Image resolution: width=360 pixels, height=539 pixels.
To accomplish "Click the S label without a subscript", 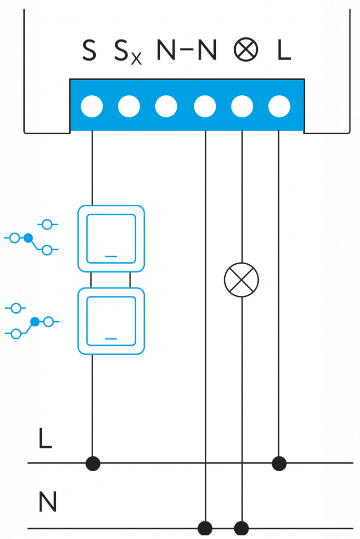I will [89, 51].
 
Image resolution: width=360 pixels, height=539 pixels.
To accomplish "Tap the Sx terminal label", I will [128, 53].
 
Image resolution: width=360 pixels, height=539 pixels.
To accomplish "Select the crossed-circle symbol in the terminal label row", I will [246, 51].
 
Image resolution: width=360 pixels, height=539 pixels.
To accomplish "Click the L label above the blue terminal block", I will [284, 51].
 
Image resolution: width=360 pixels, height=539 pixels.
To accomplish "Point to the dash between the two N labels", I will [187, 51].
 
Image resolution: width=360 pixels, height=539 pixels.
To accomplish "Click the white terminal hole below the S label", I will [92, 107].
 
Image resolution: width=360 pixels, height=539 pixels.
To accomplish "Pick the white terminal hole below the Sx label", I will [129, 107].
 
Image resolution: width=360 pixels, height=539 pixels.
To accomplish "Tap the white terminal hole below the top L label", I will [279, 107].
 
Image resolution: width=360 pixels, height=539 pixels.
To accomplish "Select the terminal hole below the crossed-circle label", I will [242, 107].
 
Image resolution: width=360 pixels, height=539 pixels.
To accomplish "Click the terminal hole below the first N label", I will [166, 107].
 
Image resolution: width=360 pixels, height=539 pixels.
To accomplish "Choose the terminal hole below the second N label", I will [205, 107].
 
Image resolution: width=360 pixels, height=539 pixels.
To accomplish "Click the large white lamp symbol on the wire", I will [242, 280].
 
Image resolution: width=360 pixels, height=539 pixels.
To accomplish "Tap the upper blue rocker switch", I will [111, 238].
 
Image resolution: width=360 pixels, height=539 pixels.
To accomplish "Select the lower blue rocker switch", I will [111, 321].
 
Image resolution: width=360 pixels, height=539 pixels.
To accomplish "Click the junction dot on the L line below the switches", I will [93, 464].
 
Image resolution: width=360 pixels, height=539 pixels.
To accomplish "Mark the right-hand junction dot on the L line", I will [279, 464].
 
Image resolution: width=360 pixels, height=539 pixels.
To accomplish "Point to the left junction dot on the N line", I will [205, 528].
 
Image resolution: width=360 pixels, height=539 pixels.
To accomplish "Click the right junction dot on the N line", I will [242, 528].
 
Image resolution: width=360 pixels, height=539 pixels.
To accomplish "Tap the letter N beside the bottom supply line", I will [47, 502].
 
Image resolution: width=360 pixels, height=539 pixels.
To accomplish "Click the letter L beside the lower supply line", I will [45, 438].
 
